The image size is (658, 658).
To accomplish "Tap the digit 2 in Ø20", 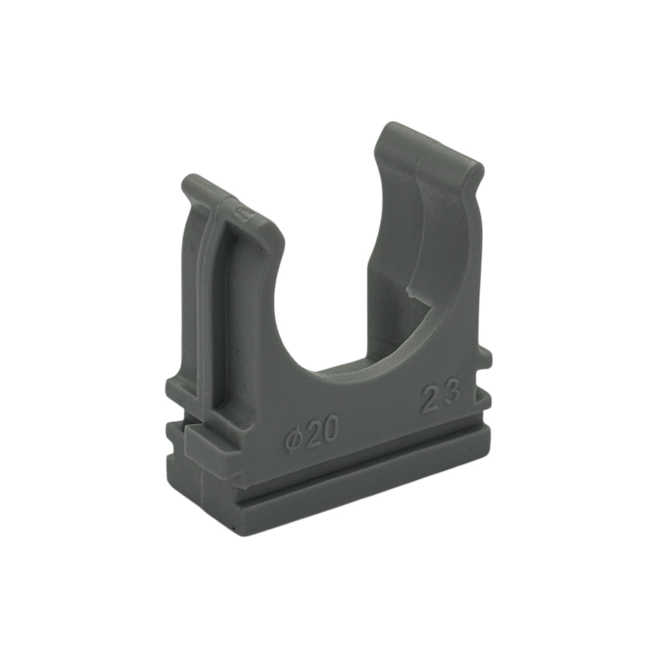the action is (312, 435).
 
